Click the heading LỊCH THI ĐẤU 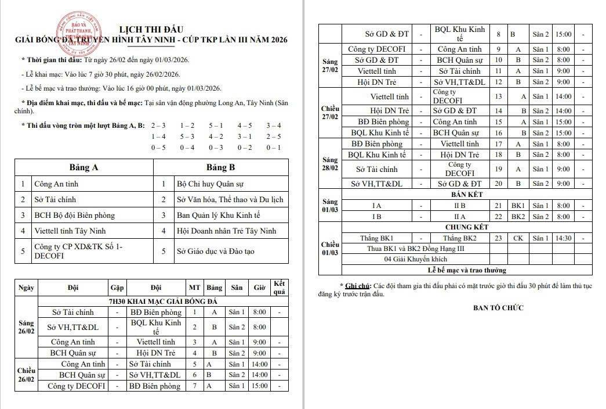(x=151, y=29)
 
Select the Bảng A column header (x=84, y=167)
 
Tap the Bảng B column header (x=221, y=167)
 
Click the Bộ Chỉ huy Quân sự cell (x=210, y=184)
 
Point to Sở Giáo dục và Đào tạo (x=215, y=251)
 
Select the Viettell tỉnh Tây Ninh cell (x=67, y=231)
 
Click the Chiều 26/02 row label (x=26, y=375)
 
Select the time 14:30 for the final (x=563, y=238)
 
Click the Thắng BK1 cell (x=377, y=238)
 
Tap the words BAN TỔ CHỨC (x=498, y=307)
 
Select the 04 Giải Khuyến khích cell (x=415, y=259)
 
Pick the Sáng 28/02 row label (x=330, y=163)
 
